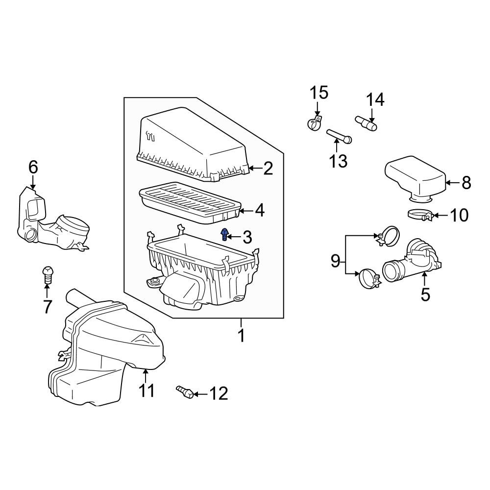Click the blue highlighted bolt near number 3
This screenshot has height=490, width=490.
pos(224,235)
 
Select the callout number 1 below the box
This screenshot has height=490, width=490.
pos(241,336)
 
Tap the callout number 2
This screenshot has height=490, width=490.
pos(268,169)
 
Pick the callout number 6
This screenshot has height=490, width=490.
pos(33,168)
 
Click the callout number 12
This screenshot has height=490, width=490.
pos(219,393)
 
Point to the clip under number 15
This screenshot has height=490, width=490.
pos(314,122)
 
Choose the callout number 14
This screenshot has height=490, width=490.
pos(375,99)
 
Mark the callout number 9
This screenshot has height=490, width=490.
pos(335,261)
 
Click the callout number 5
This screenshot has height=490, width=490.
pos(425,294)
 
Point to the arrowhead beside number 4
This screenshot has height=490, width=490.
pos(243,211)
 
